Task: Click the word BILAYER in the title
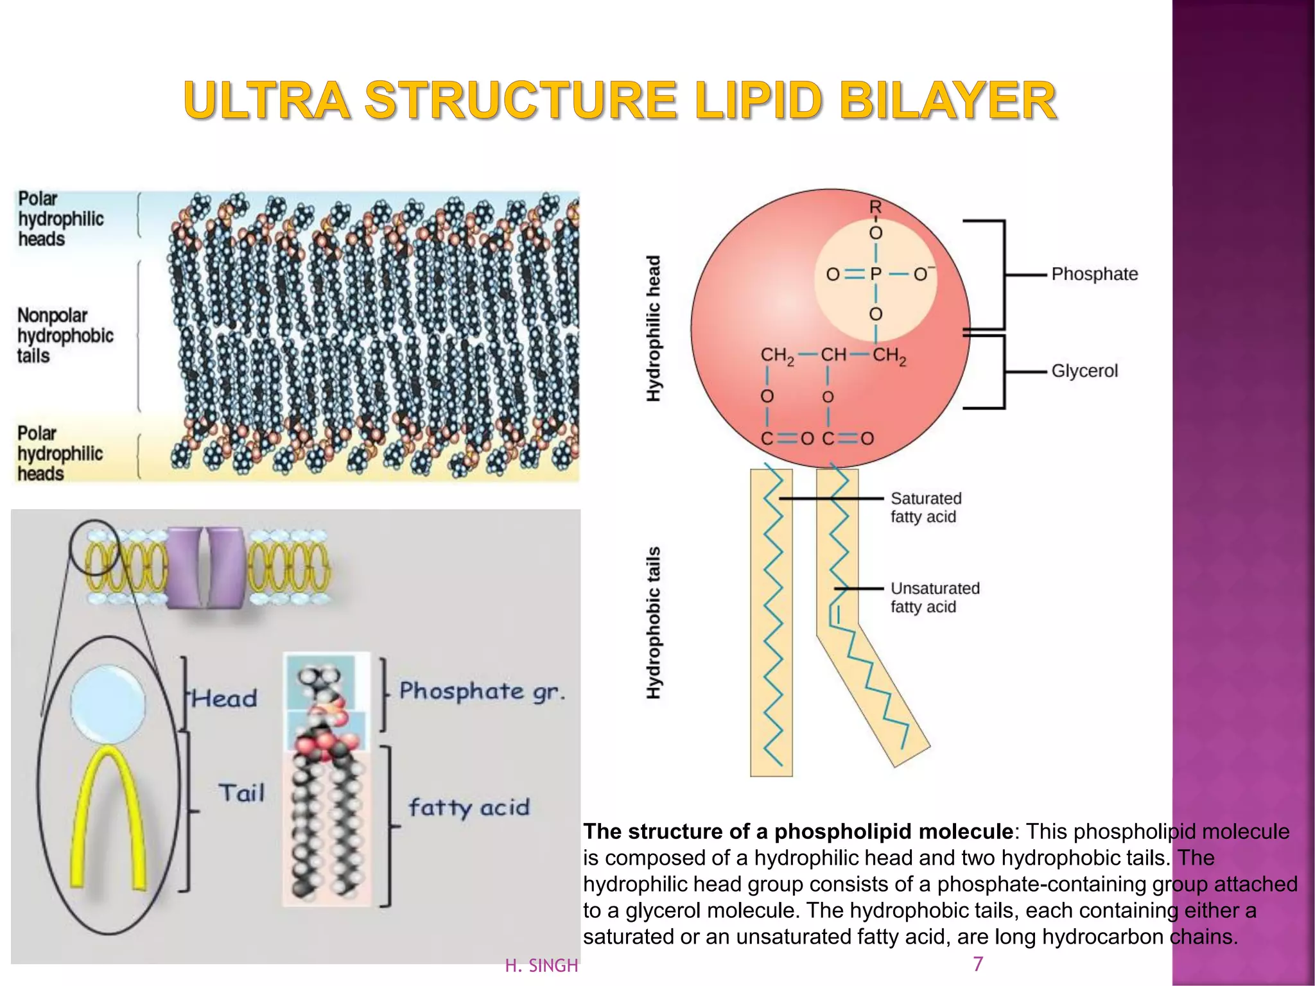(948, 101)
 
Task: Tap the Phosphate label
(1094, 274)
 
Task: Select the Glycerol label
(1084, 371)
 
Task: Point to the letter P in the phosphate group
(875, 274)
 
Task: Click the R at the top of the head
(875, 207)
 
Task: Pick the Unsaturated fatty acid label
(934, 597)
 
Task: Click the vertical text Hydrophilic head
(654, 329)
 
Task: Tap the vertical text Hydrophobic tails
(654, 623)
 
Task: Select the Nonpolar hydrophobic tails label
(64, 335)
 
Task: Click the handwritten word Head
(225, 698)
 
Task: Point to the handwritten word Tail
(241, 793)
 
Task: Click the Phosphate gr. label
(482, 691)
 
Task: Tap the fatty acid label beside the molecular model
(469, 808)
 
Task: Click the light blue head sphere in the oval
(108, 704)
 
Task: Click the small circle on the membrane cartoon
(94, 546)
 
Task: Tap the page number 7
(978, 964)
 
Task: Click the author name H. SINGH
(541, 965)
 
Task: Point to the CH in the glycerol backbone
(833, 355)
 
